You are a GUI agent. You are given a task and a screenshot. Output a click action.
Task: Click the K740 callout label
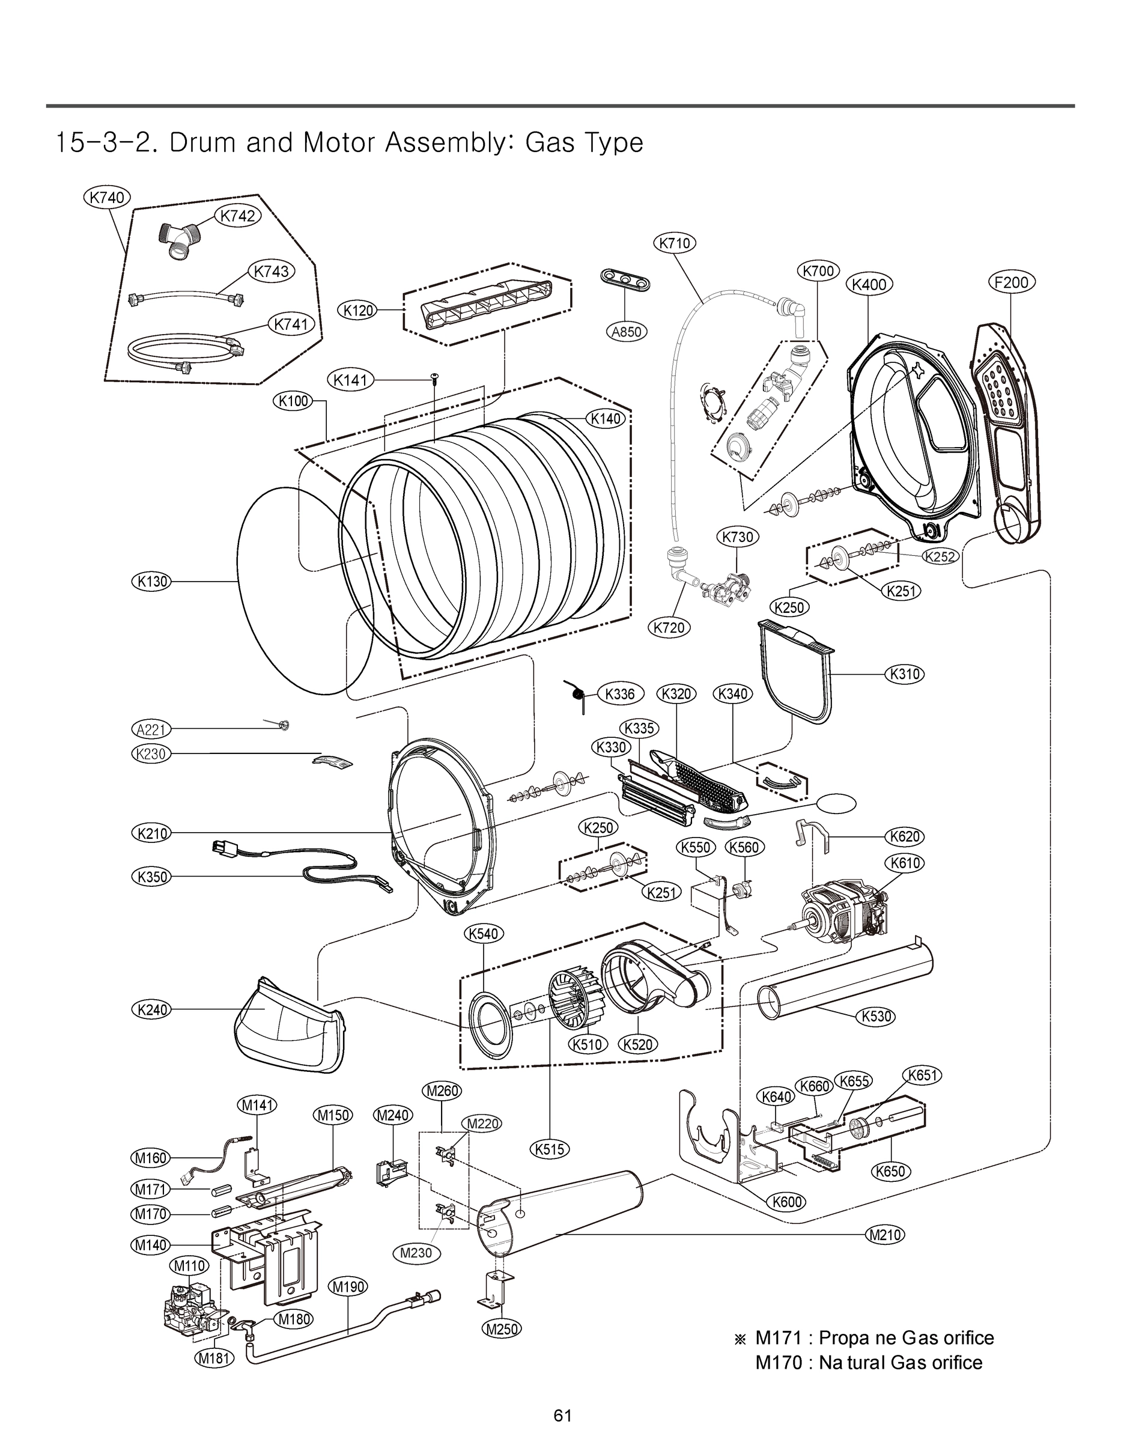(x=107, y=196)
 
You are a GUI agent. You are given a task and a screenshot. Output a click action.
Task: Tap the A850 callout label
(x=626, y=332)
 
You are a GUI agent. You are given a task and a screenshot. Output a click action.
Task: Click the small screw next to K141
(x=434, y=378)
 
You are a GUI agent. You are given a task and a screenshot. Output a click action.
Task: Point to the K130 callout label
(x=151, y=582)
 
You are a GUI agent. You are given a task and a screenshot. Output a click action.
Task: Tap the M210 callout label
(x=884, y=1234)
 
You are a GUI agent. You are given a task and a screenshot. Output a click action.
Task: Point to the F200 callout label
(x=1012, y=282)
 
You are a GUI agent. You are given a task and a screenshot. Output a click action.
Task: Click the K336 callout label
(x=619, y=693)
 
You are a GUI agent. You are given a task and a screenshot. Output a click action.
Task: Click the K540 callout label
(x=483, y=934)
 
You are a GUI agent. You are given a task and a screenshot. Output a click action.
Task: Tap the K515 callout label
(x=550, y=1149)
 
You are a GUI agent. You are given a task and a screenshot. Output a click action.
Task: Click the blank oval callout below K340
(x=836, y=803)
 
